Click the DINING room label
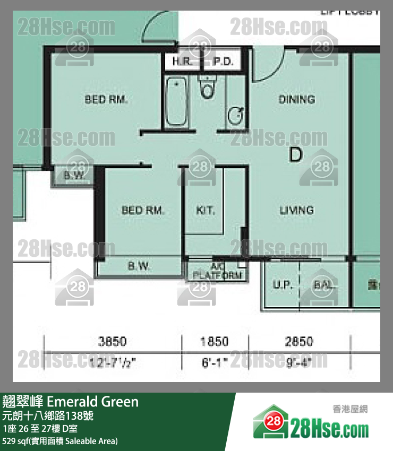pyautogui.click(x=296, y=99)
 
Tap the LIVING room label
pyautogui.click(x=296, y=210)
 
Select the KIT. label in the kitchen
pyautogui.click(x=206, y=210)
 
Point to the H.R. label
pyautogui.click(x=182, y=62)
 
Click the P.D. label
pyautogui.click(x=223, y=62)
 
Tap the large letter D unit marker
pyautogui.click(x=295, y=155)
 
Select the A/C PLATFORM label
pyautogui.click(x=218, y=272)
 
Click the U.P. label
pyautogui.click(x=283, y=285)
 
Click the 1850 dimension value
pyautogui.click(x=214, y=341)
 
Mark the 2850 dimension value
pyautogui.click(x=298, y=341)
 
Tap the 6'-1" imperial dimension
pyautogui.click(x=214, y=363)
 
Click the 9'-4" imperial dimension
pyautogui.click(x=298, y=363)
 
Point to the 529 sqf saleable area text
pyautogui.click(x=60, y=441)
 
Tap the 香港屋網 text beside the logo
pyautogui.click(x=350, y=409)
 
